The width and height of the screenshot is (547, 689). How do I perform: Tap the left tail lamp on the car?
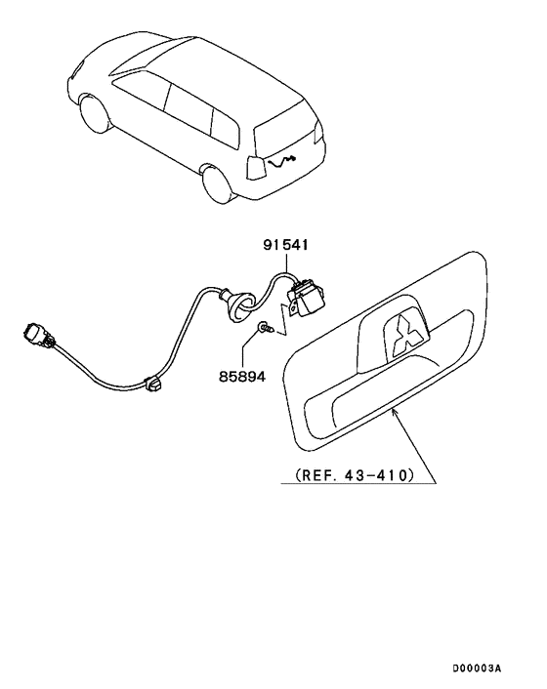[256, 168]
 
